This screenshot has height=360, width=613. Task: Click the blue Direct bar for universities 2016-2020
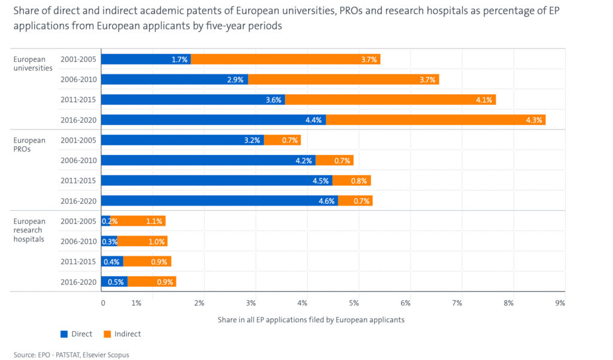point(213,120)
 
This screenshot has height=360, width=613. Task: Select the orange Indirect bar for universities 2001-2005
point(286,59)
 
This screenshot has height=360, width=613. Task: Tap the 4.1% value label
point(484,99)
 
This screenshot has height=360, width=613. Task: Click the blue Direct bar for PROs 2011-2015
point(217,180)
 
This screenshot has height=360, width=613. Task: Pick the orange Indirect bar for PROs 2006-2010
point(335,160)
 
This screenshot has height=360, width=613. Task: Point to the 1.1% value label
point(153,221)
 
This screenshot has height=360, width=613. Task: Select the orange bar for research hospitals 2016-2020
point(152,282)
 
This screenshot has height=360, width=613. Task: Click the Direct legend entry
point(76,334)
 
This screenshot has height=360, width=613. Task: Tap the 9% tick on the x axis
point(560,303)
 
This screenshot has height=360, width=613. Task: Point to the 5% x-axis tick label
point(354,303)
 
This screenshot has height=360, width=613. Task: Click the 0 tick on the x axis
point(103,303)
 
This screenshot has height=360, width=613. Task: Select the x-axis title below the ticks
point(311,319)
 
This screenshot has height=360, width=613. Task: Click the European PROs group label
point(29,144)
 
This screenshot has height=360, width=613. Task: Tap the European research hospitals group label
point(29,230)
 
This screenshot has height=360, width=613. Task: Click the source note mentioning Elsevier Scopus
point(71,355)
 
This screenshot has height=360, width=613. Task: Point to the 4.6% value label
point(326,201)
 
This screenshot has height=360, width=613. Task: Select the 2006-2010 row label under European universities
point(78,79)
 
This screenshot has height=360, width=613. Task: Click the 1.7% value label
point(180,59)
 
